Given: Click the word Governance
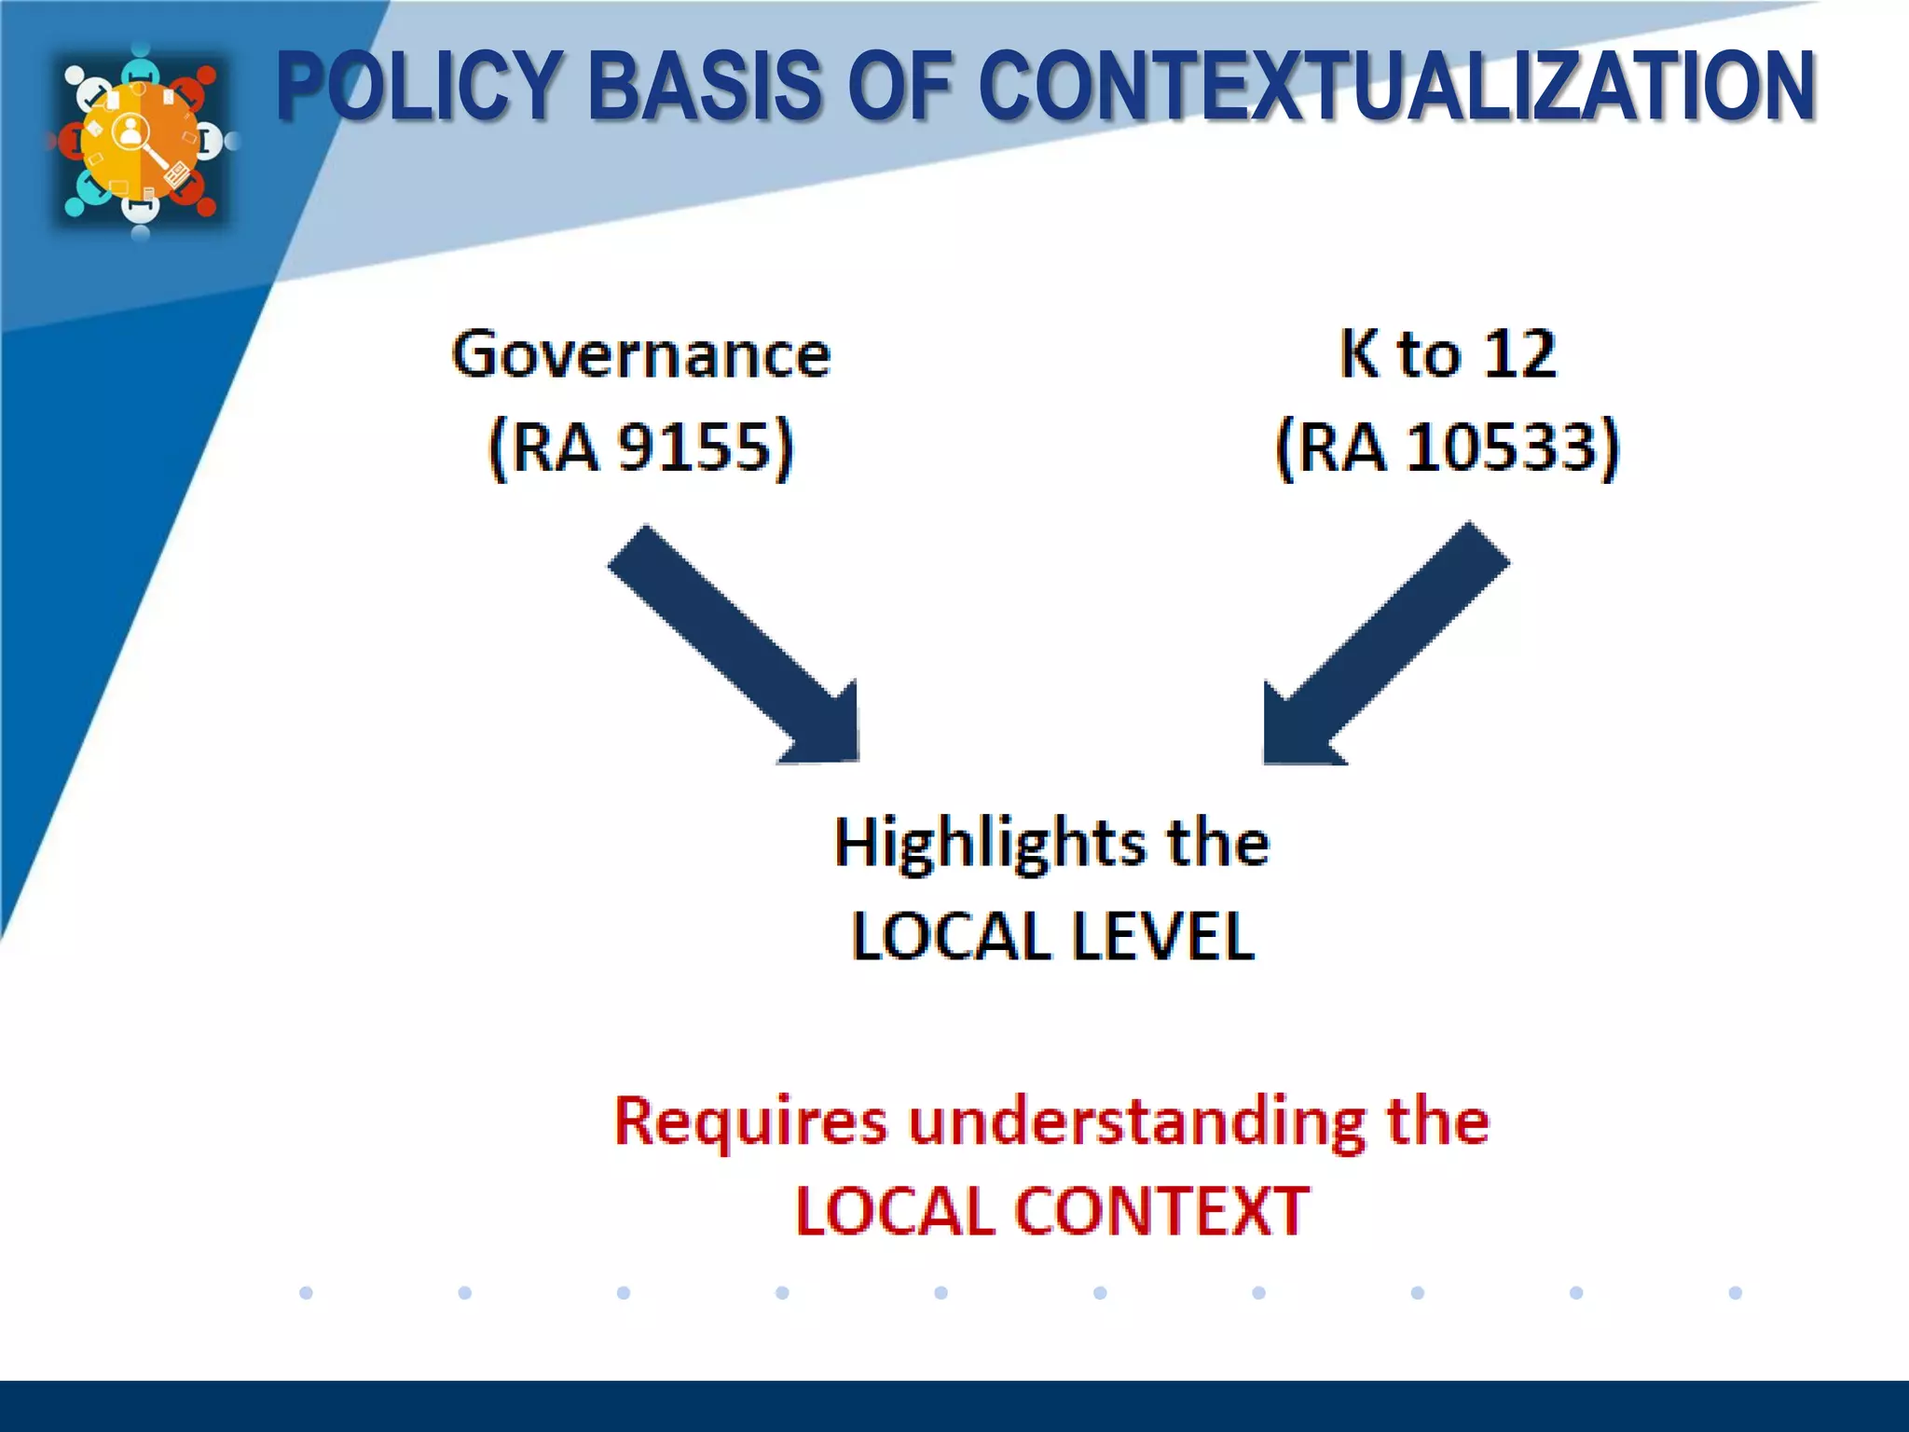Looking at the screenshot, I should click(x=641, y=355).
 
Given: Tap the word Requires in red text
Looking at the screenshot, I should click(x=750, y=1122).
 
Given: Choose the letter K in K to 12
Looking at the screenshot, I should click(x=1358, y=354).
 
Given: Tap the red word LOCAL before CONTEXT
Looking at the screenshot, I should click(x=895, y=1212).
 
